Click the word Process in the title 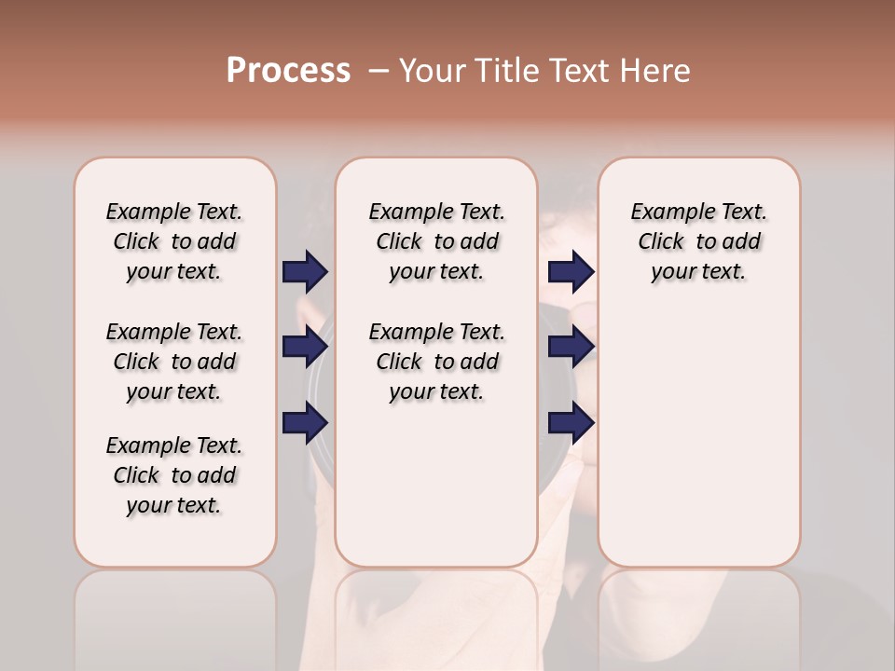coord(288,70)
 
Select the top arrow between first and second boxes coord(305,271)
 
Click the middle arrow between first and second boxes coord(305,347)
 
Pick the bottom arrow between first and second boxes coord(305,422)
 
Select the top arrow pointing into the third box coord(571,271)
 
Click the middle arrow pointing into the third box coord(571,347)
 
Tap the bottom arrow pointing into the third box coord(571,422)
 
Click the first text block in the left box coord(174,241)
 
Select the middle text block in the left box coord(174,362)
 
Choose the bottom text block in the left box coord(174,475)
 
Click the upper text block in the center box coord(436,241)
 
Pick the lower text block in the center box coord(436,362)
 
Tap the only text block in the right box coord(699,241)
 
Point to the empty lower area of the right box coord(699,438)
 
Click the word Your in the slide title coord(434,71)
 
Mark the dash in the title coord(379,71)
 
